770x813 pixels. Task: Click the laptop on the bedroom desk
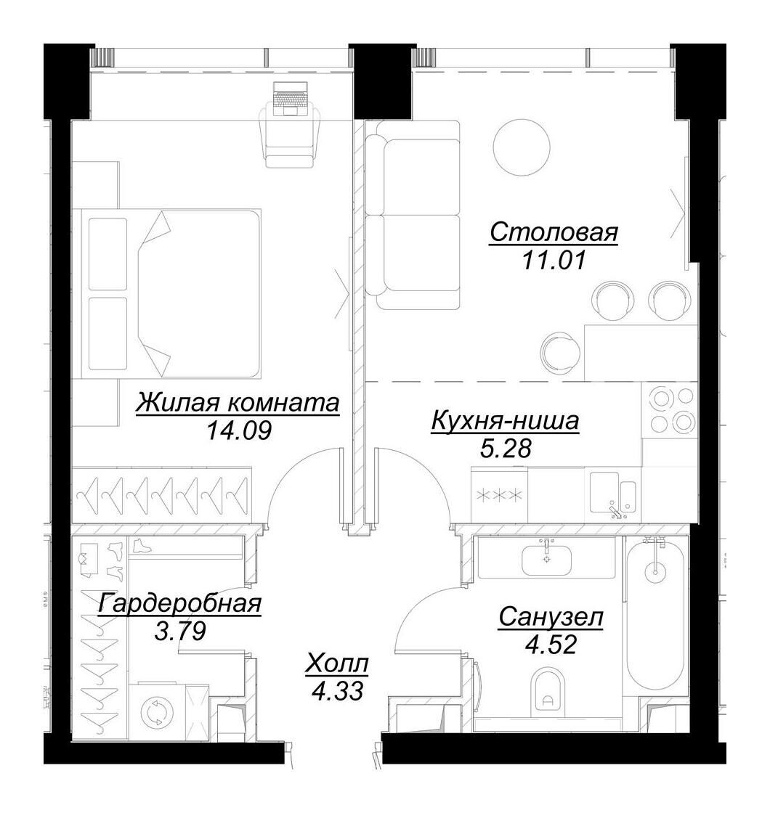(x=291, y=99)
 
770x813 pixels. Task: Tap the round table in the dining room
(x=522, y=147)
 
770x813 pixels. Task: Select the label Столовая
(x=554, y=232)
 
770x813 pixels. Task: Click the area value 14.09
(x=239, y=430)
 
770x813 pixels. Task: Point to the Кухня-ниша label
(x=505, y=421)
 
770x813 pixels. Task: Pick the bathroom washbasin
(x=546, y=560)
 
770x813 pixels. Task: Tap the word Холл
(x=337, y=663)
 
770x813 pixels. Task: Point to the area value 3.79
(x=181, y=630)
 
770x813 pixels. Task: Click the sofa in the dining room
(x=413, y=215)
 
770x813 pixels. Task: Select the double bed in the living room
(x=171, y=293)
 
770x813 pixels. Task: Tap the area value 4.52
(x=551, y=645)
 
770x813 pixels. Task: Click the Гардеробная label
(x=179, y=603)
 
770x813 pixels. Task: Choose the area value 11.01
(x=554, y=259)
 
